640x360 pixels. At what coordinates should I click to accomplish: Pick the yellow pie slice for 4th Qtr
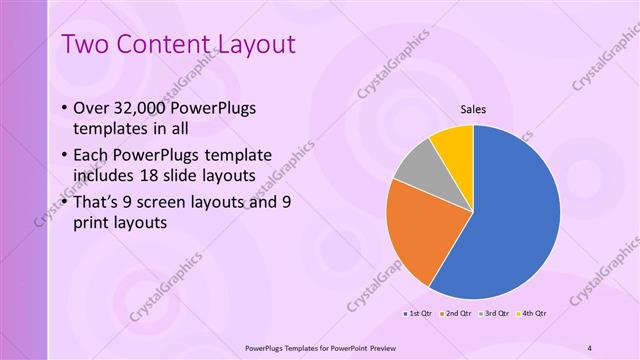[453, 143]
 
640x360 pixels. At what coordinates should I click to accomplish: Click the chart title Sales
[473, 110]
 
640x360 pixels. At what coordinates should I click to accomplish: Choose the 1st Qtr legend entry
[417, 313]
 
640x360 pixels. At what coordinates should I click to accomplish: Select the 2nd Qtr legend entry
[455, 313]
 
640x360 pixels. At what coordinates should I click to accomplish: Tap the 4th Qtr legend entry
[530, 313]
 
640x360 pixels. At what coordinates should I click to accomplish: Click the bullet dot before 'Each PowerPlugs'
[65, 155]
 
